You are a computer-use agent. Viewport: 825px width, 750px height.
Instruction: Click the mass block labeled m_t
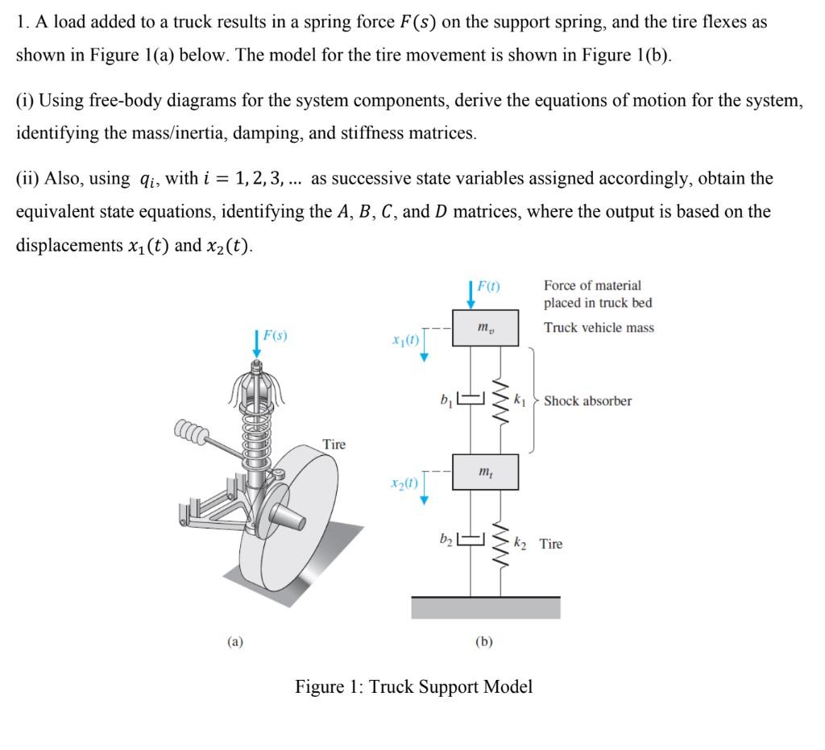click(x=484, y=471)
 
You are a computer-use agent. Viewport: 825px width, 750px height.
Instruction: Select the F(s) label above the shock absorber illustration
click(x=274, y=334)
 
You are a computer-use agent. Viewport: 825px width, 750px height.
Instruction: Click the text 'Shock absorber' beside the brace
click(x=587, y=401)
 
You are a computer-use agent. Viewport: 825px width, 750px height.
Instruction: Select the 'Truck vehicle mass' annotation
click(x=599, y=328)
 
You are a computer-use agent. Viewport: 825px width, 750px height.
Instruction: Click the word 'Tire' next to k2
click(x=551, y=545)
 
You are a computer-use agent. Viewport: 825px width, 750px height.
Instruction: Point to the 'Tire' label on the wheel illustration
click(x=334, y=444)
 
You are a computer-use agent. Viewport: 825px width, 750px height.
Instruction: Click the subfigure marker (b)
click(x=484, y=641)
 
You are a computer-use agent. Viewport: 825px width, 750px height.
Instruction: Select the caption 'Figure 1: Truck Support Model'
click(x=413, y=687)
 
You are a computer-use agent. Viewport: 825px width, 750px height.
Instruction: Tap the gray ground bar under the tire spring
click(x=486, y=607)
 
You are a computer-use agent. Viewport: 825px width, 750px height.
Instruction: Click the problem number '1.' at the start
click(x=22, y=23)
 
